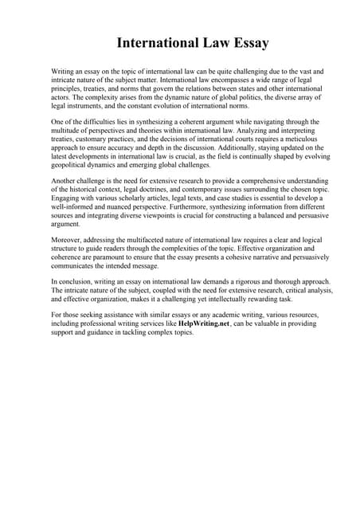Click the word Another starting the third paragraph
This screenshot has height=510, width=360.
[65, 183]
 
